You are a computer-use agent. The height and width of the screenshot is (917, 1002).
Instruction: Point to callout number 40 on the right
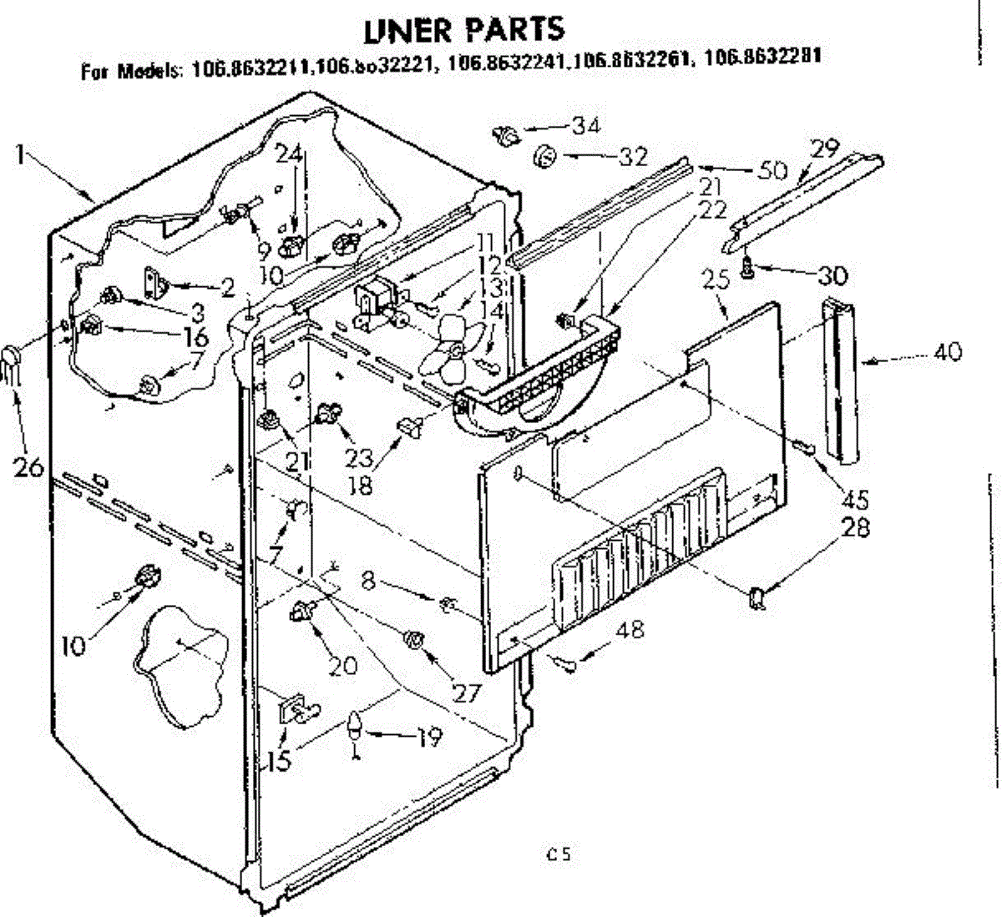(946, 351)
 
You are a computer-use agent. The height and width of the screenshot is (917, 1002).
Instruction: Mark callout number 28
(856, 527)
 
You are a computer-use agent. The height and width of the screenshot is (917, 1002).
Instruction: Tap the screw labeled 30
(748, 267)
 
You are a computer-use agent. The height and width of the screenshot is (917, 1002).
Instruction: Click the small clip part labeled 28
(759, 597)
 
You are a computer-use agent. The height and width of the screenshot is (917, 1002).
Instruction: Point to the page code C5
(559, 854)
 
